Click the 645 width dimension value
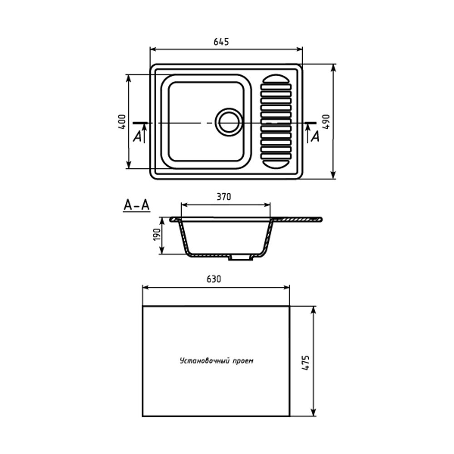pos(221,42)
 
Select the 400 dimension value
pos(121,122)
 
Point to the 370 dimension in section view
pos(224,197)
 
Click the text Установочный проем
pos(216,361)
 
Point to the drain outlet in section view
pos(241,257)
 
